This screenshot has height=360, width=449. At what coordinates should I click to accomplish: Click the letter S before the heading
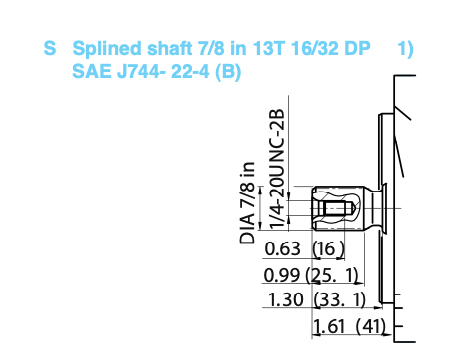pyautogui.click(x=50, y=48)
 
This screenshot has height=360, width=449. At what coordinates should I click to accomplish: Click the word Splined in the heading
pyautogui.click(x=107, y=49)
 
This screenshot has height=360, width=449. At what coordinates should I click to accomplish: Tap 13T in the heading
pyautogui.click(x=268, y=48)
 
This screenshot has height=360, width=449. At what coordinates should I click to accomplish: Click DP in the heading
pyautogui.click(x=357, y=48)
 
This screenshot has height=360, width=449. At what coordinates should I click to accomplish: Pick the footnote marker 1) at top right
pyautogui.click(x=405, y=49)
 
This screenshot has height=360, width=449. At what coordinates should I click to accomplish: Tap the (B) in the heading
pyautogui.click(x=228, y=72)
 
